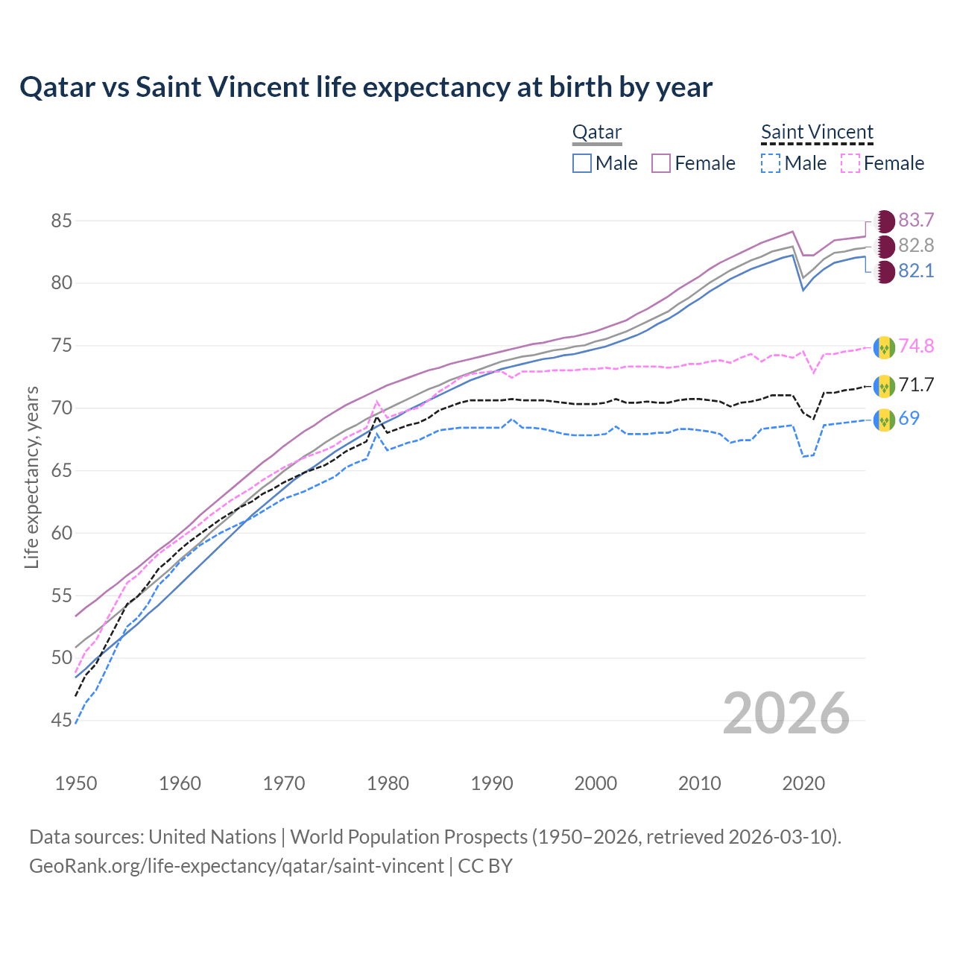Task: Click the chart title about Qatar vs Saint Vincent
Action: [x=366, y=87]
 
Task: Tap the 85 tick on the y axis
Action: [x=61, y=221]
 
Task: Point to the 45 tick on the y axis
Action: [x=61, y=721]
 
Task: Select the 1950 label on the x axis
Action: [x=76, y=783]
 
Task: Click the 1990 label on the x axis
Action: [x=492, y=783]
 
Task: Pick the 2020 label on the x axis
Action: [x=803, y=783]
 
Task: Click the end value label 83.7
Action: [x=916, y=221]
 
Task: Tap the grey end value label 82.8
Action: [x=916, y=246]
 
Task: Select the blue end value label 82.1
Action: [x=916, y=271]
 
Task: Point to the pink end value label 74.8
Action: [x=916, y=347]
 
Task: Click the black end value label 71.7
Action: [x=916, y=385]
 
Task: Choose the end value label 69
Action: [x=909, y=419]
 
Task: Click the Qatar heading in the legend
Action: [x=597, y=133]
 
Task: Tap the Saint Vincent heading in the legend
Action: [x=817, y=133]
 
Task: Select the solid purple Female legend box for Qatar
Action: [x=661, y=163]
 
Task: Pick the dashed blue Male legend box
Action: [x=771, y=163]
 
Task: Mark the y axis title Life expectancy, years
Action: [x=31, y=477]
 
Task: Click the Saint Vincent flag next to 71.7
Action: [x=884, y=386]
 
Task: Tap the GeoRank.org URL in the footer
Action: [x=236, y=866]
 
